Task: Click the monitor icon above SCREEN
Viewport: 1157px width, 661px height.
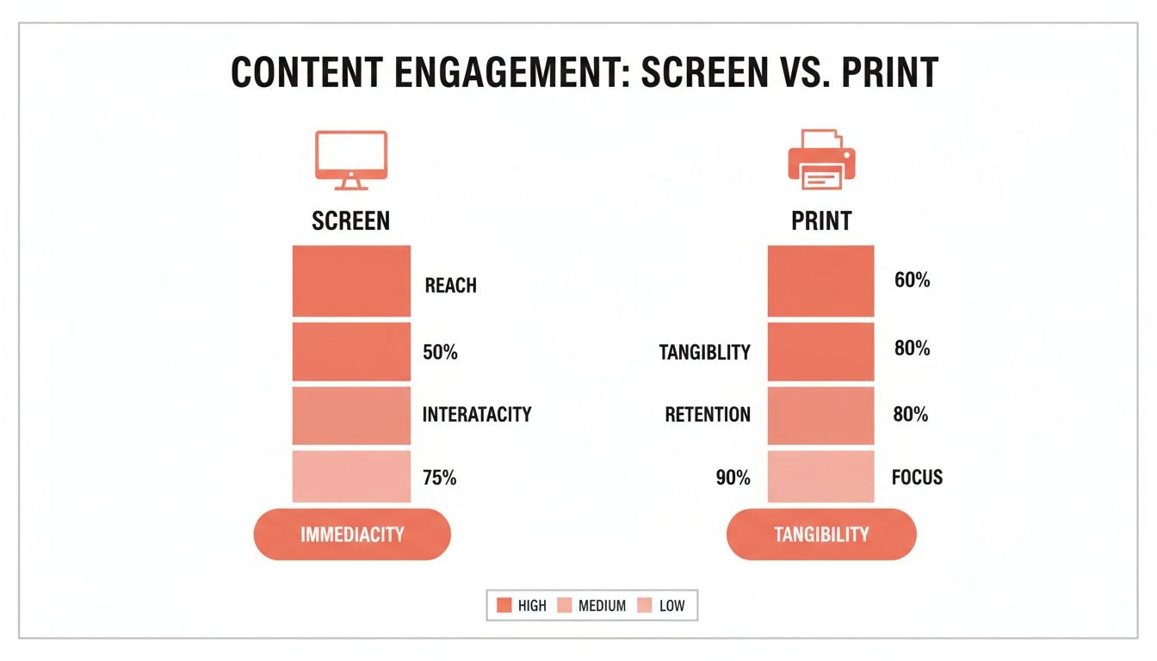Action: coord(351,159)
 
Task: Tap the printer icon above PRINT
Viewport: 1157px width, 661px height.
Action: coord(821,159)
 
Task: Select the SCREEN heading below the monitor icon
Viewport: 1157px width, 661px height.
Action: coord(351,221)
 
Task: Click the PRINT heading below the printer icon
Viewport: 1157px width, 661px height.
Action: coord(821,221)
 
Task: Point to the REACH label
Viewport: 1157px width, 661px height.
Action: coord(450,286)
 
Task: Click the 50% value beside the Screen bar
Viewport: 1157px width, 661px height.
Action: coord(440,352)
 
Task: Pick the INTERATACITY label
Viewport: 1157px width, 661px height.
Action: coord(477,414)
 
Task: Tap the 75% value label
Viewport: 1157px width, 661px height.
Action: coord(440,478)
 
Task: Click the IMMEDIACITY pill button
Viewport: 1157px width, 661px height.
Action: coord(352,534)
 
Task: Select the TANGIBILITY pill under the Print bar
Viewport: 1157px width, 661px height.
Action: coord(821,534)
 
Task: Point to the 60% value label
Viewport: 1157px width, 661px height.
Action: coord(913,281)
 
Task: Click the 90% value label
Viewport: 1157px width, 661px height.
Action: coord(733,478)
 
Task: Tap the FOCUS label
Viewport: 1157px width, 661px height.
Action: coord(917,477)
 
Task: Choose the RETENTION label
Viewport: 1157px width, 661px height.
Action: coord(708,415)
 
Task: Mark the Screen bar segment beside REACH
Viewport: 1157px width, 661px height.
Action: coord(351,281)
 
